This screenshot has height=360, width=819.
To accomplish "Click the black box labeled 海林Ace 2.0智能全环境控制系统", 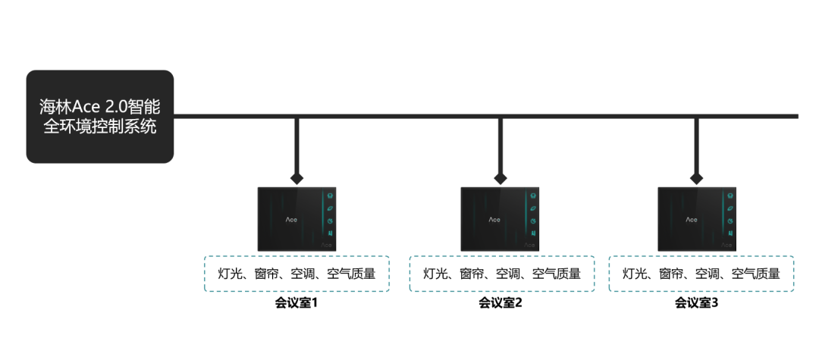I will [99, 117].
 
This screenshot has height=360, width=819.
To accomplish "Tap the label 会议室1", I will [296, 303].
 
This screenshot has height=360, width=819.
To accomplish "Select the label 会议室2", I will [500, 303].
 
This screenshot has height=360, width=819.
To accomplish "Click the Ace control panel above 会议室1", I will [297, 218].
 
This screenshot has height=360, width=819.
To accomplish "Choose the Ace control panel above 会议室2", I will [500, 218].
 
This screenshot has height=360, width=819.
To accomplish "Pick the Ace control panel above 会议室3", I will [697, 218].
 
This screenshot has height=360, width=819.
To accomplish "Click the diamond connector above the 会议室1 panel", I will [297, 178].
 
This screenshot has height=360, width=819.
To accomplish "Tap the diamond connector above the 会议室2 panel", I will [500, 178].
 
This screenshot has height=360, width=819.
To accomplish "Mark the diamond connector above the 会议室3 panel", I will [697, 178].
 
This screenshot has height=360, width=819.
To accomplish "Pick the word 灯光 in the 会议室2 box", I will [435, 274].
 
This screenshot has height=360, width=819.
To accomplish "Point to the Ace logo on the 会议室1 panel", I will [291, 219].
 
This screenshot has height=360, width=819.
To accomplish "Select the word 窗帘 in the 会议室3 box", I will [671, 274].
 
